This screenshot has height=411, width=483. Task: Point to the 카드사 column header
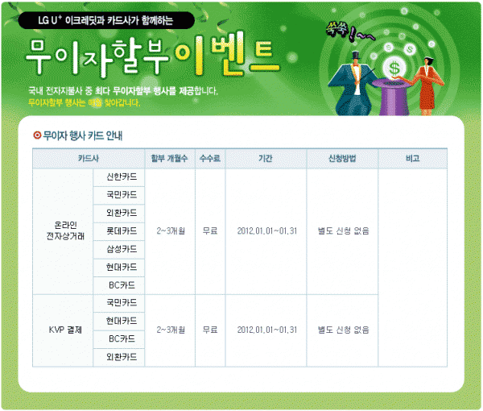[89, 159]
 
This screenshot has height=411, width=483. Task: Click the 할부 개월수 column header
[170, 159]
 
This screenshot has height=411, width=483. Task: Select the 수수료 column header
[210, 159]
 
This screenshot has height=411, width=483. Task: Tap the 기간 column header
[266, 159]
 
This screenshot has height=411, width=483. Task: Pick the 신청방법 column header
[342, 159]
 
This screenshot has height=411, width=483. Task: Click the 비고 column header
[413, 159]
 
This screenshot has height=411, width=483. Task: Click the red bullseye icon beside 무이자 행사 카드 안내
[37, 135]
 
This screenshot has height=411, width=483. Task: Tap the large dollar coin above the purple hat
[394, 68]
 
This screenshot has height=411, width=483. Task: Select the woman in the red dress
[426, 86]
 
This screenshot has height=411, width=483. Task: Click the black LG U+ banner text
[106, 20]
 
